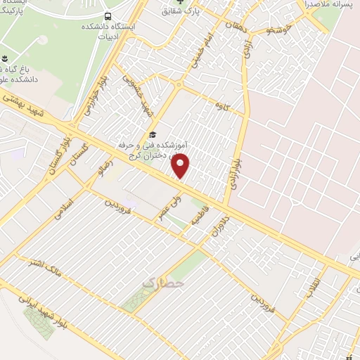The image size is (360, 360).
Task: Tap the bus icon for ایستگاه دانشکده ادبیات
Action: tap(107, 15)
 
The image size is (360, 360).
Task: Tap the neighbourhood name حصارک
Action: tap(163, 282)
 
